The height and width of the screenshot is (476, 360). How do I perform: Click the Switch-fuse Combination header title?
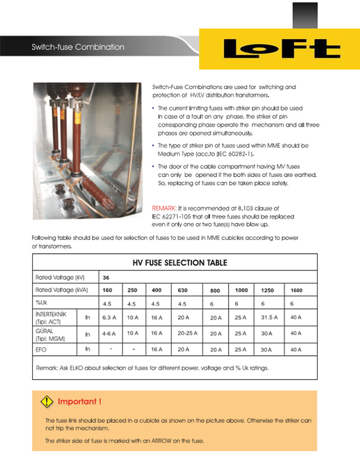click(x=78, y=47)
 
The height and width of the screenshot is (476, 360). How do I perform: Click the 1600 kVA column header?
click(x=297, y=291)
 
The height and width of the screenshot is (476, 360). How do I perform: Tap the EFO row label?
click(x=41, y=349)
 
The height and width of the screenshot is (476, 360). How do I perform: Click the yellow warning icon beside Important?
click(x=46, y=402)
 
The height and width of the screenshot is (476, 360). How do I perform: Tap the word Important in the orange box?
click(x=79, y=402)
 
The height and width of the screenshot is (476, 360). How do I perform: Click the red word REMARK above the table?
click(x=164, y=209)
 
